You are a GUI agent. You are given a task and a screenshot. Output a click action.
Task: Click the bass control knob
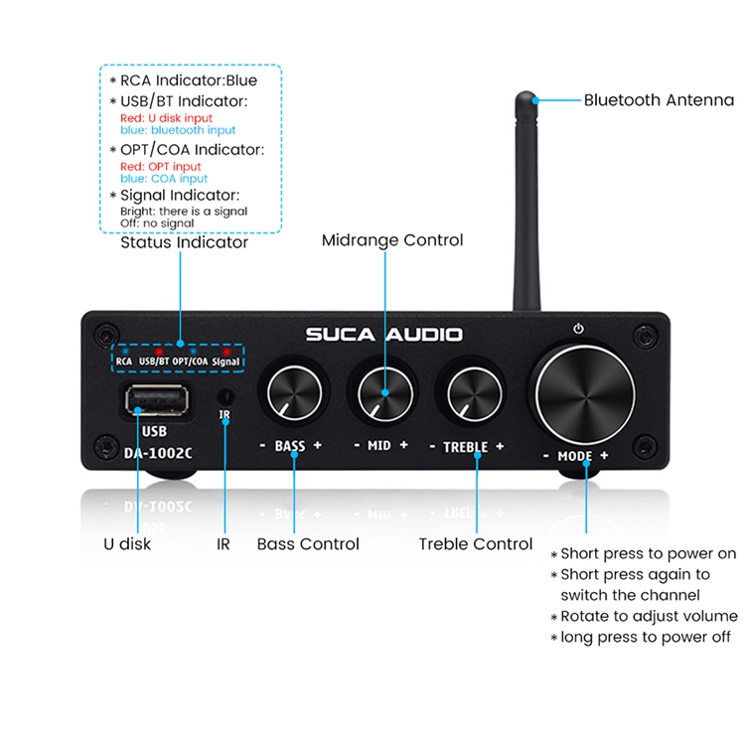(295, 392)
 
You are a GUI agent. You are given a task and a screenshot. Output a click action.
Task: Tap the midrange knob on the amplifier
(384, 393)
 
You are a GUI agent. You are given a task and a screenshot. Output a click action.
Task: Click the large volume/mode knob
(585, 395)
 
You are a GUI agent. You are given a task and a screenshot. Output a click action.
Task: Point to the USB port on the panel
(157, 400)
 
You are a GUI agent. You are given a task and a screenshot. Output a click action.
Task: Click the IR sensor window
(225, 396)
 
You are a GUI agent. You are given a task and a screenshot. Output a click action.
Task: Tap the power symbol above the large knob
(578, 329)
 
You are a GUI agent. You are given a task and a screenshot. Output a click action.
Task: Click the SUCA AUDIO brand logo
(383, 335)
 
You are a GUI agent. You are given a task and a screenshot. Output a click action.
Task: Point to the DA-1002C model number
(158, 453)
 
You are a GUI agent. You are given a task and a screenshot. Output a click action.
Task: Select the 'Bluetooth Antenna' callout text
(659, 100)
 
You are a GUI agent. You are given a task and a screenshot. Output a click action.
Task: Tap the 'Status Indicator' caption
(185, 242)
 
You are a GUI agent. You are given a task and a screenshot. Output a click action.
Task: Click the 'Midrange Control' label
(392, 240)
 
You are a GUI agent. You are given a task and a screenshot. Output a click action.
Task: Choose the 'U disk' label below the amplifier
(127, 543)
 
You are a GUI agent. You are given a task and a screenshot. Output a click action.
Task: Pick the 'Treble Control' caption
(476, 544)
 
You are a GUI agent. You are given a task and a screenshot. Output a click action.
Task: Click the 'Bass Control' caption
(308, 544)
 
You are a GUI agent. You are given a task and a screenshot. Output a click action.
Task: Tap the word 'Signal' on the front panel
(225, 362)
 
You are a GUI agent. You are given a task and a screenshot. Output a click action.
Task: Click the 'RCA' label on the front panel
(124, 362)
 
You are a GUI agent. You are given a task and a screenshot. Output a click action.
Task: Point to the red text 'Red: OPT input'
(161, 166)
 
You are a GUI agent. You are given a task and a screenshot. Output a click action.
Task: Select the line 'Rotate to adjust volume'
(649, 616)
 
